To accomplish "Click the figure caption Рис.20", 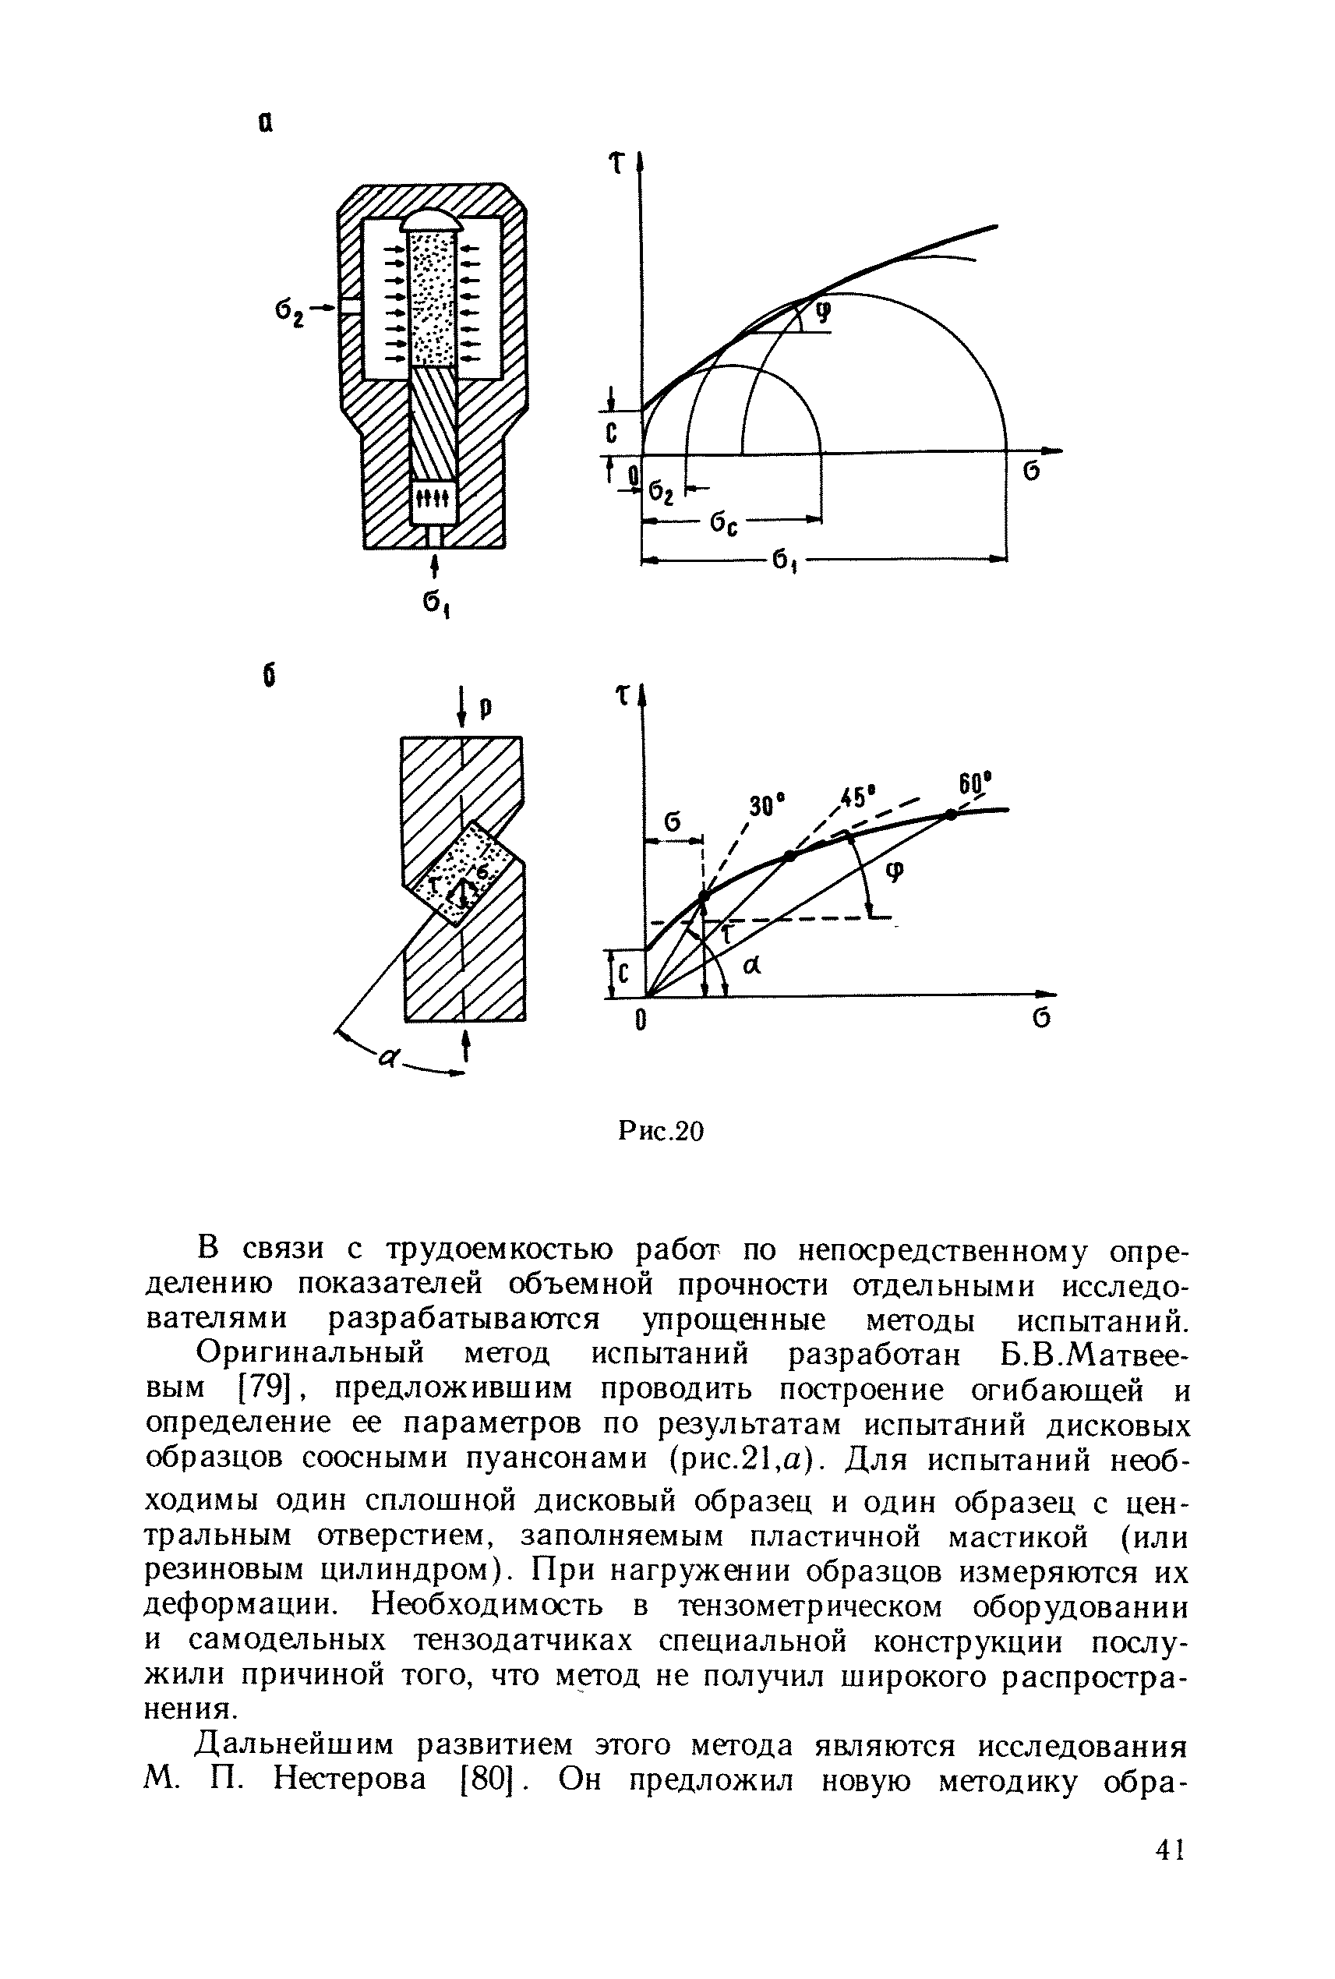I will (661, 1131).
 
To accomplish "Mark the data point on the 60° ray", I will (950, 815).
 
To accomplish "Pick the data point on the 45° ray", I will (789, 856).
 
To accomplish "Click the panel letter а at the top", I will (266, 123).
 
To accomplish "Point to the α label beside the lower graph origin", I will (751, 965).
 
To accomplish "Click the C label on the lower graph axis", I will (625, 974).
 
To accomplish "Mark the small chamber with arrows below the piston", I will (434, 501).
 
